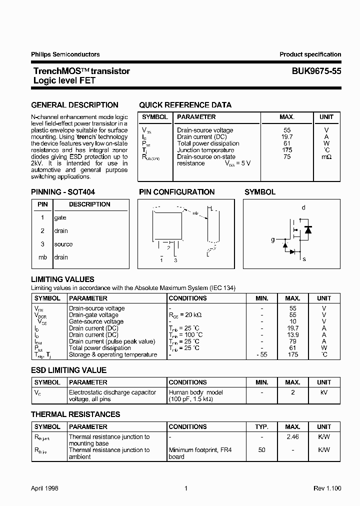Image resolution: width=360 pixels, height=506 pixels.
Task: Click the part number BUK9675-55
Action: click(316, 71)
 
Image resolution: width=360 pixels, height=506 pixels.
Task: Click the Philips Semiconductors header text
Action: click(65, 54)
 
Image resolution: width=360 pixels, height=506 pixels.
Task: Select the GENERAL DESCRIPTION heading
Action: click(74, 105)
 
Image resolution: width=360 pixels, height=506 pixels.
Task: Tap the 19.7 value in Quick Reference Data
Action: click(287, 136)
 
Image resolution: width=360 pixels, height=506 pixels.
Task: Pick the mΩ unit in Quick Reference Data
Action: click(326, 156)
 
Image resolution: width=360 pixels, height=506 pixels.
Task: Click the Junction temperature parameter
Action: click(205, 150)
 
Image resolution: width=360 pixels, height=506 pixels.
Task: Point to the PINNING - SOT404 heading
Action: click(63, 192)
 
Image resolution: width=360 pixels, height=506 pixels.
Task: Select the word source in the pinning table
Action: click(63, 244)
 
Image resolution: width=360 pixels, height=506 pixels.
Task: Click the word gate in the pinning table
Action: click(60, 217)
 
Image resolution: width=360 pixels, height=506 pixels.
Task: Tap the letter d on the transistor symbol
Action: click(303, 207)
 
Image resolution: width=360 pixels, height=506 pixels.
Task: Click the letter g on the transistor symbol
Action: click(273, 240)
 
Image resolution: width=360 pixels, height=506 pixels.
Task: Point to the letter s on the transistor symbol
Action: click(304, 259)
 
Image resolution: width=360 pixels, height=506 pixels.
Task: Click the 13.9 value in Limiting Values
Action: click(293, 334)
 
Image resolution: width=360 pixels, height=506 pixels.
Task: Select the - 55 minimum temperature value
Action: click(261, 354)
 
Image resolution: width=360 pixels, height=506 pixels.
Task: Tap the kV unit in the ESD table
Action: click(323, 392)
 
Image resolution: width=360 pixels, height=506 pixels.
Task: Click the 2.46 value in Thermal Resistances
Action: click(293, 437)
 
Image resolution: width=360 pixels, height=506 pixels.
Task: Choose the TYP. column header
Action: click(261, 426)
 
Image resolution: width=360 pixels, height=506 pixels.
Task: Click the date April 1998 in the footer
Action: click(44, 488)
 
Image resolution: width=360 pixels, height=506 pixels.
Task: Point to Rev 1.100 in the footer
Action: click(327, 488)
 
